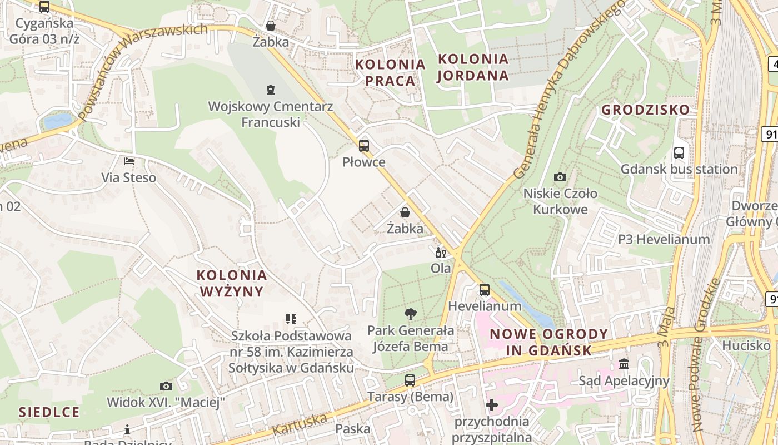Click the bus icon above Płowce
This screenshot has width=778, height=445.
coord(363,146)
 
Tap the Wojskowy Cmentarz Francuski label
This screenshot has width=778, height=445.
coord(271,114)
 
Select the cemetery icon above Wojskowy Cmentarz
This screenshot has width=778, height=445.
coord(271,90)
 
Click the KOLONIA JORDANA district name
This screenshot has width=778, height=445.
coord(473,67)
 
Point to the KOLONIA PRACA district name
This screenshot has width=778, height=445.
coord(390,72)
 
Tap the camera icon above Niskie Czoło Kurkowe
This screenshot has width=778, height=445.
coord(560,177)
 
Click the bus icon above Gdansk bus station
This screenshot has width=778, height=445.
coord(679,153)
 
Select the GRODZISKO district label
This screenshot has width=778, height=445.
coord(645,110)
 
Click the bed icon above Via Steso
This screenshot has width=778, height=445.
coord(128,161)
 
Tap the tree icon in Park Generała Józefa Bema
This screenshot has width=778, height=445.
coord(410,314)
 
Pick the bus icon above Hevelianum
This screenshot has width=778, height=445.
coord(485,290)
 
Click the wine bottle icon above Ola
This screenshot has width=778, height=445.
coord(441,253)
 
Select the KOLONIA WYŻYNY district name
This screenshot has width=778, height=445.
coord(232,283)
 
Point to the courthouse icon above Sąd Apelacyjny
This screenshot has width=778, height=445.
coord(624,364)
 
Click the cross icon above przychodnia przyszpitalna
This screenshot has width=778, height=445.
coord(491,405)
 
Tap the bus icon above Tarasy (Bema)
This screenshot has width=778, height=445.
coord(410,380)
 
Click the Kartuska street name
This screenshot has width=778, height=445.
coord(300,424)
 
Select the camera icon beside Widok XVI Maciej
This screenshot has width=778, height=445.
coord(166,386)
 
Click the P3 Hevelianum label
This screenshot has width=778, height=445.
coord(664,240)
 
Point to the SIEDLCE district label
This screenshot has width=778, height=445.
coord(49,412)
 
